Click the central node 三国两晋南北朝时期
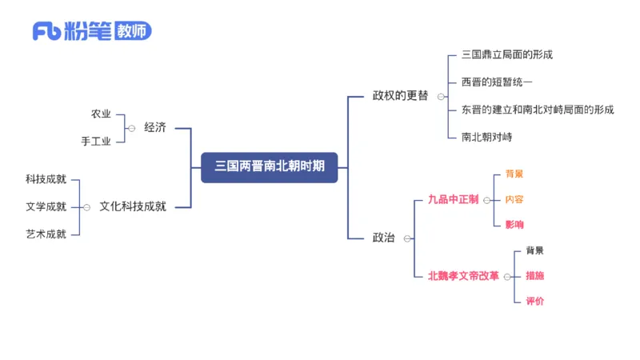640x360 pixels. click(x=269, y=167)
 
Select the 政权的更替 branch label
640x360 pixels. click(x=400, y=96)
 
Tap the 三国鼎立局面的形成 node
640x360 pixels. click(x=507, y=55)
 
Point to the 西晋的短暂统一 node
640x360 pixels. click(x=497, y=82)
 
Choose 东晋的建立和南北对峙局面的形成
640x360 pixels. click(x=538, y=110)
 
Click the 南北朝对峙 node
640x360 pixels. click(x=486, y=137)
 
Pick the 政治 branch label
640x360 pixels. click(x=384, y=238)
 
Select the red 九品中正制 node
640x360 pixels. click(x=453, y=199)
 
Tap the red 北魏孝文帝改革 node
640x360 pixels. click(x=463, y=276)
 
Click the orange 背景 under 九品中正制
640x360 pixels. click(x=514, y=174)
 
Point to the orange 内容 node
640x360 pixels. click(x=514, y=199)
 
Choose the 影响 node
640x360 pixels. click(x=514, y=225)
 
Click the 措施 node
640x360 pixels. click(x=534, y=276)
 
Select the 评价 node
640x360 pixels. click(x=534, y=302)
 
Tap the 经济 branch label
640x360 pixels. click(x=155, y=127)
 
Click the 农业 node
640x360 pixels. click(x=101, y=114)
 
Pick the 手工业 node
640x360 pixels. click(x=96, y=141)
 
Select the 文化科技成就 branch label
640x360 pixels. click(x=133, y=206)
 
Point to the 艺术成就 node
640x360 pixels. click(x=46, y=234)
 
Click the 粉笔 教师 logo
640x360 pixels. click(x=91, y=32)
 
